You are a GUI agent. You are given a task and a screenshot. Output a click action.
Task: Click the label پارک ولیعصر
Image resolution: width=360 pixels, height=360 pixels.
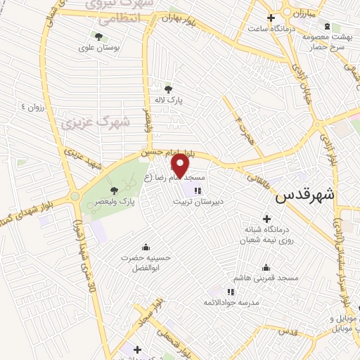pyautogui.click(x=117, y=202)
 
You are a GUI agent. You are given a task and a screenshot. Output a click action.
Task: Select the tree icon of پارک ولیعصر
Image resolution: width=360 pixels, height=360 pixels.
pyautogui.click(x=115, y=190)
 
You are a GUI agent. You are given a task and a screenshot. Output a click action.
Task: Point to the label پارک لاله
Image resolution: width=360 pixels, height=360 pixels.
pyautogui.click(x=169, y=101)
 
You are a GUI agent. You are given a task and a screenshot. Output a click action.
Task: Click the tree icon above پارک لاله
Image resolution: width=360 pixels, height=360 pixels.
pyautogui.click(x=168, y=89)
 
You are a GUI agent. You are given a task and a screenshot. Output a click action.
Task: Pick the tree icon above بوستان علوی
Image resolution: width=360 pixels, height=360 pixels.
pyautogui.click(x=98, y=35)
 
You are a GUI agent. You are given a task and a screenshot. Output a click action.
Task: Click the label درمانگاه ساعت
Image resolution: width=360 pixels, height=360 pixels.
pyautogui.click(x=270, y=28)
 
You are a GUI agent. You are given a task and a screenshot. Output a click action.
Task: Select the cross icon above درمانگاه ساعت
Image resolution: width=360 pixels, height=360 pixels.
pyautogui.click(x=270, y=17)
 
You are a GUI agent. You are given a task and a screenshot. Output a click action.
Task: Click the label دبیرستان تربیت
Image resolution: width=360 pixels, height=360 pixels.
pyautogui.click(x=198, y=201)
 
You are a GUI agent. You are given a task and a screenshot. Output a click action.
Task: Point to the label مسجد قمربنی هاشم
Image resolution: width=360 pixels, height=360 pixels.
pyautogui.click(x=269, y=279)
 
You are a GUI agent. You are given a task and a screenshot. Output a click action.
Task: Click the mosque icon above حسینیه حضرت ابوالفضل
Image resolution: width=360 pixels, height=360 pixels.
pyautogui.click(x=146, y=247)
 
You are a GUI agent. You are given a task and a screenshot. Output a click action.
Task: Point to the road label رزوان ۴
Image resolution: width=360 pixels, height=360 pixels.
pyautogui.click(x=32, y=107)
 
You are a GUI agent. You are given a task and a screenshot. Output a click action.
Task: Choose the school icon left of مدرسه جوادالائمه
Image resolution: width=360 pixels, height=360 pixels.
pyautogui.click(x=230, y=292)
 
